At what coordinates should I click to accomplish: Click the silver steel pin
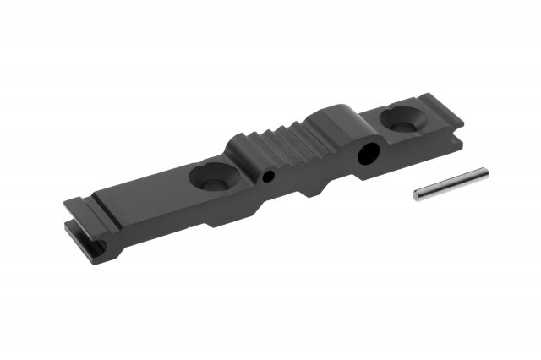(451, 184)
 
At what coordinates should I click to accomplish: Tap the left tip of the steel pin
(417, 195)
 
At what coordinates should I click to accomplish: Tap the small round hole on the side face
(268, 178)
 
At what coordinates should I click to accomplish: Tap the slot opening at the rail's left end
(98, 248)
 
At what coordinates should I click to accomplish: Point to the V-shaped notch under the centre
(312, 189)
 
